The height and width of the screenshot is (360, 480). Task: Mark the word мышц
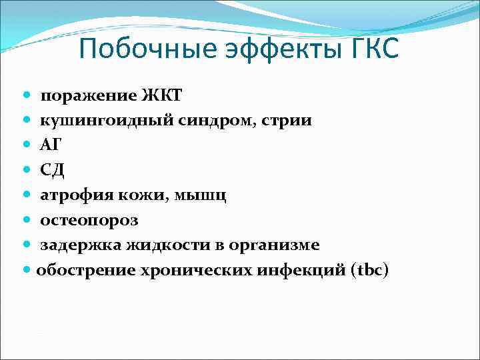[x=204, y=195]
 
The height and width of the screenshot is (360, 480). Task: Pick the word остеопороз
[x=89, y=220]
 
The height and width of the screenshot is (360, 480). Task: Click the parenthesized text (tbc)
[x=369, y=270]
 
